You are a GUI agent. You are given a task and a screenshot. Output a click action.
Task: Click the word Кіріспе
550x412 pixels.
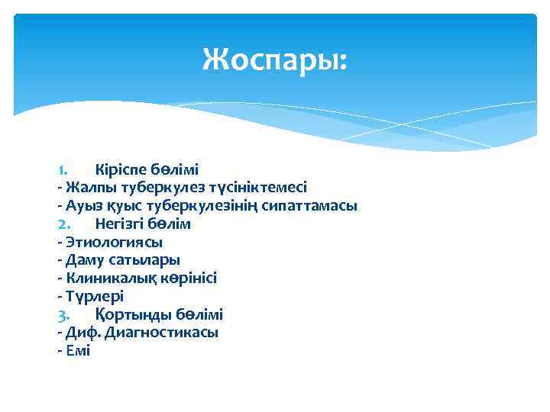pyautogui.click(x=118, y=169)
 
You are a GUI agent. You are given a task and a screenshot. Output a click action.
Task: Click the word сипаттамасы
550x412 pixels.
pyautogui.click(x=309, y=206)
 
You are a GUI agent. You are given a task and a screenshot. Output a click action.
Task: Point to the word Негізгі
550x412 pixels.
pyautogui.click(x=121, y=224)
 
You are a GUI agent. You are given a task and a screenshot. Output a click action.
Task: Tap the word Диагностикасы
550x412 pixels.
pyautogui.click(x=161, y=333)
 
